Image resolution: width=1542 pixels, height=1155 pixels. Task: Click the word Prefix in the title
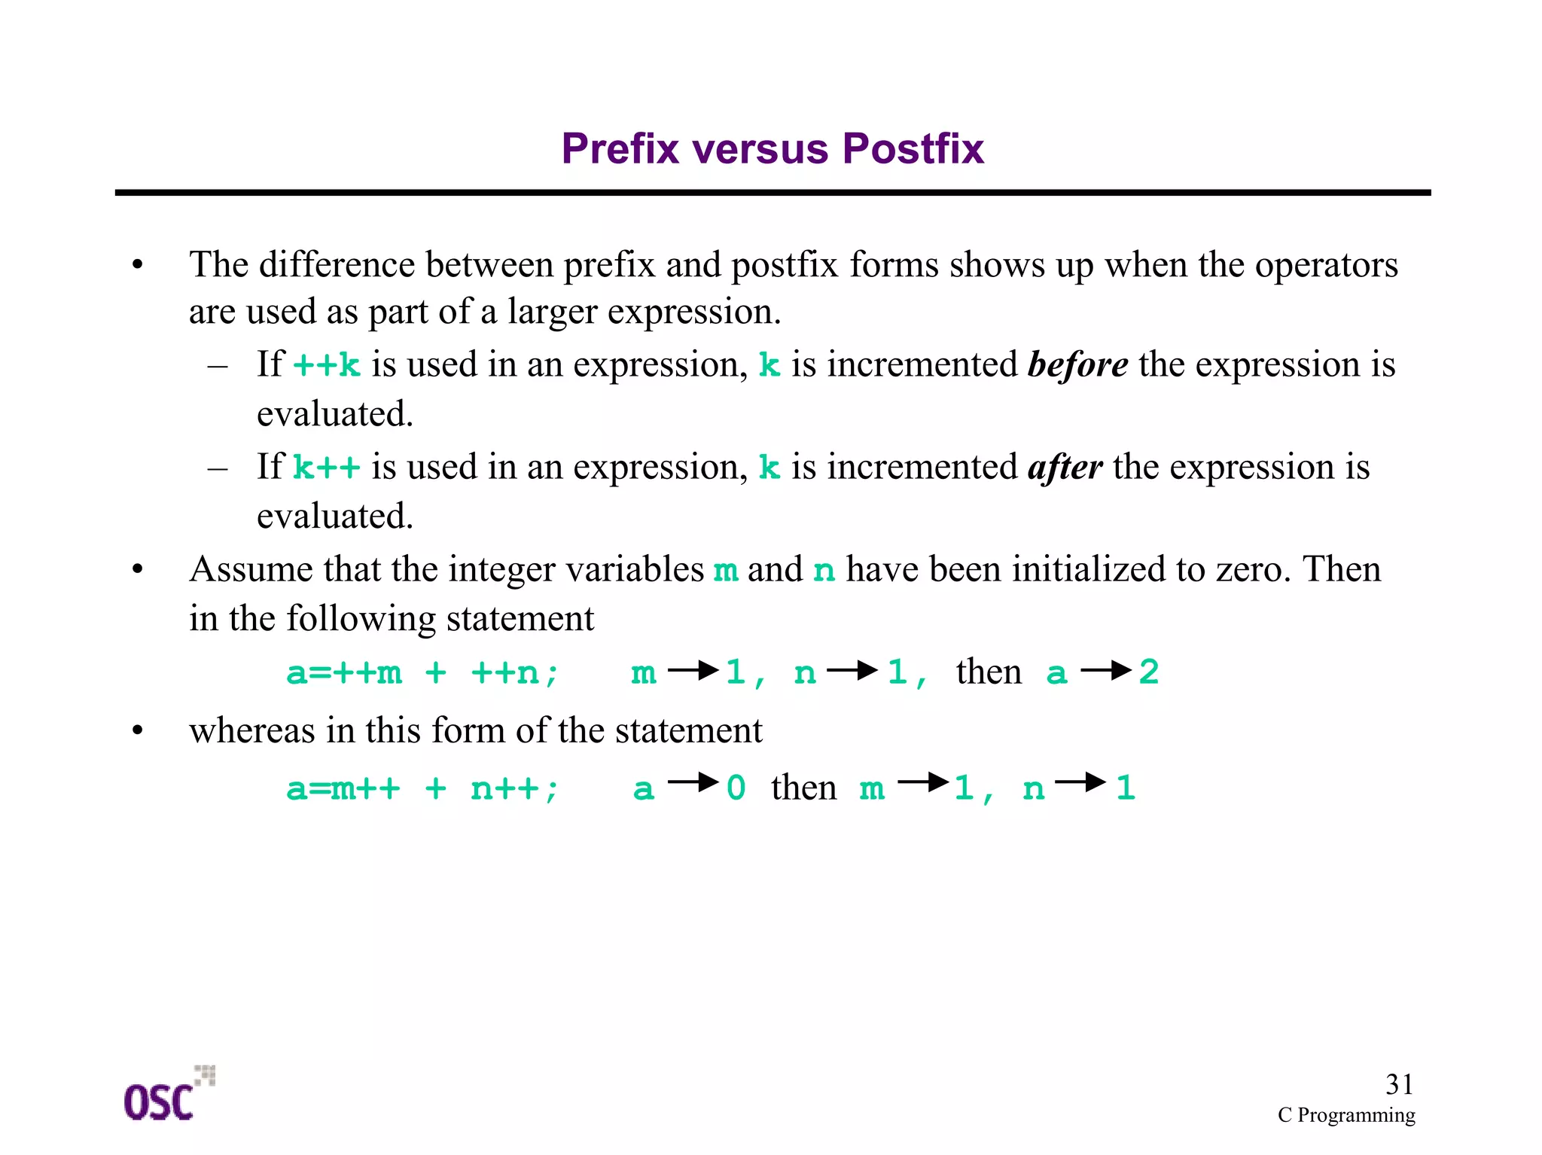[x=620, y=148]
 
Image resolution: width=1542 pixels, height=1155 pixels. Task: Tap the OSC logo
[x=167, y=1096]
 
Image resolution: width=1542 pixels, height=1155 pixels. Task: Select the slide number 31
[x=1399, y=1084]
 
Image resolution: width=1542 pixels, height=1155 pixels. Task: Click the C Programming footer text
[x=1345, y=1115]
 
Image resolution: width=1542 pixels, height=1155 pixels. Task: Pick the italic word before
[x=1077, y=364]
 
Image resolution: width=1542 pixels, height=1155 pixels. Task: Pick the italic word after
[x=1065, y=467]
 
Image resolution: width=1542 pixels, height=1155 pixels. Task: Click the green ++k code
[x=326, y=365]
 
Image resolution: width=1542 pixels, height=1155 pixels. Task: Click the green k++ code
[x=326, y=468]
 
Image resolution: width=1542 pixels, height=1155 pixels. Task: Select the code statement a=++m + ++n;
[x=422, y=672]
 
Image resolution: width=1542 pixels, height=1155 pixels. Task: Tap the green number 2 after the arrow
[x=1148, y=672]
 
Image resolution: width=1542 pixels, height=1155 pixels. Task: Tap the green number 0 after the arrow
[x=736, y=788]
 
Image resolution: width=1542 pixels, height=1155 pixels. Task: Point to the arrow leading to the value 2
[x=1106, y=670]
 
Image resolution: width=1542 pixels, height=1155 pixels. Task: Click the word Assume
[x=251, y=569]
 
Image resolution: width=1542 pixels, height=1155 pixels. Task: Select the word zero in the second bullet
[x=1251, y=569]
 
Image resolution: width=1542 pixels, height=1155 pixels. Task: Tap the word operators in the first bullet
[x=1326, y=265]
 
